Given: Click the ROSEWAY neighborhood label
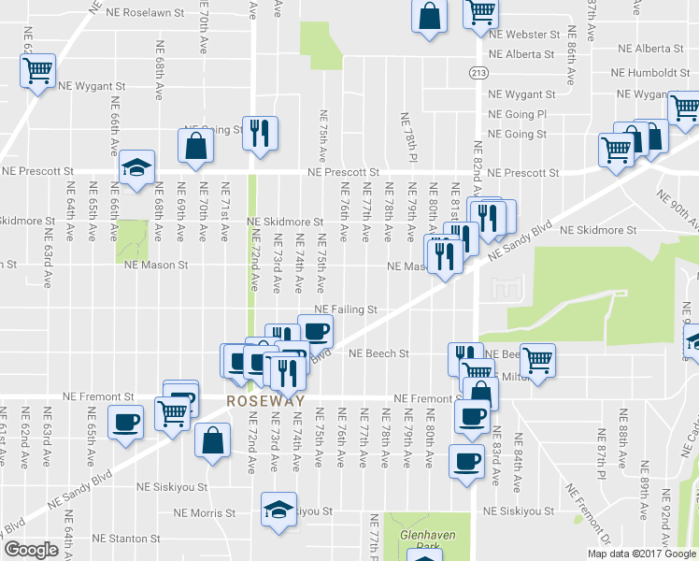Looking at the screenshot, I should point(266,400).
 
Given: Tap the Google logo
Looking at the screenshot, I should point(32,550).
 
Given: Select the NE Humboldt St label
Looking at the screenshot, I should point(652,73).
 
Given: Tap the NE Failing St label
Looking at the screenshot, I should point(345,309).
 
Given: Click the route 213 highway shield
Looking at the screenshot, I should point(478,74).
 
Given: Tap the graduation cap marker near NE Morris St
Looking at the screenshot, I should point(278,509).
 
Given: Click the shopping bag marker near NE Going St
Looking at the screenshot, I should point(194,146).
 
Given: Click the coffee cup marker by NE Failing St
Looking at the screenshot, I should point(315,330).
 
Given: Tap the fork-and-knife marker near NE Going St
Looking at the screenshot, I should point(259,132).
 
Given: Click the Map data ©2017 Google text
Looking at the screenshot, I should point(642,554).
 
